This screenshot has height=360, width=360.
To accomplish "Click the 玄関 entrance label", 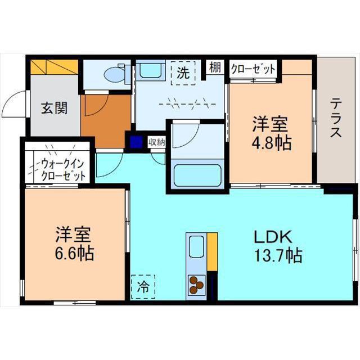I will [x=54, y=107].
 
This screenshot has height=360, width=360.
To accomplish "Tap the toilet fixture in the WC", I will [x=116, y=74].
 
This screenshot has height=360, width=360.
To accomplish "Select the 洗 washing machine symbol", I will [x=183, y=73].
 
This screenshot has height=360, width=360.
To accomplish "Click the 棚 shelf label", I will [x=215, y=68].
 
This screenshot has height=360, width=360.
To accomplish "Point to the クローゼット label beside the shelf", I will [x=253, y=69].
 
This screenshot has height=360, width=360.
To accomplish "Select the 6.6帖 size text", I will [x=74, y=253].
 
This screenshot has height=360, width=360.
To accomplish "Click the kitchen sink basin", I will [x=196, y=246].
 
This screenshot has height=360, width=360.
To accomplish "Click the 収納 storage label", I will [x=157, y=142].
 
